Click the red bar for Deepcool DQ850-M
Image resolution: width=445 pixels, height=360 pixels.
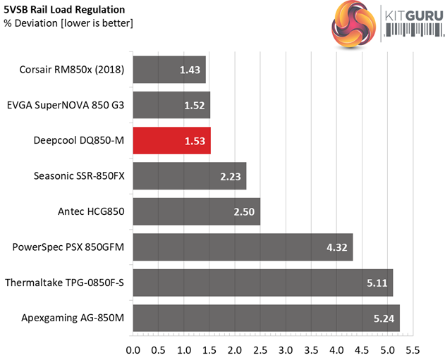pos(171,140)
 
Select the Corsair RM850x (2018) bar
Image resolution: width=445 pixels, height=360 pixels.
pos(169,70)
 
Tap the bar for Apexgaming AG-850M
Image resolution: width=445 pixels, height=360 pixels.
pos(266,318)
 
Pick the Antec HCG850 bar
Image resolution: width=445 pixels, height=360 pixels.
pos(196,211)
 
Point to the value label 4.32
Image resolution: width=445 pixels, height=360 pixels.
pos(334,247)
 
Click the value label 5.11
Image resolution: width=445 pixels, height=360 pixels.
pos(374,283)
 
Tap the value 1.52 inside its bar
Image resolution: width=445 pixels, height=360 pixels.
pos(191,105)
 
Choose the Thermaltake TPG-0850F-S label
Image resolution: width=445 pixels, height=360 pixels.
pos(64,283)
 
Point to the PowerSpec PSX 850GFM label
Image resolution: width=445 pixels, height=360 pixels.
pos(68,247)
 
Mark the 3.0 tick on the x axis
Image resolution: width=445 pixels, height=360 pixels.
pos(286,349)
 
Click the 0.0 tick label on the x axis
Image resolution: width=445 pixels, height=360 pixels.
pos(133,349)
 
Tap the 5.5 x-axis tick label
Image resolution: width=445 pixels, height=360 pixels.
pos(413,349)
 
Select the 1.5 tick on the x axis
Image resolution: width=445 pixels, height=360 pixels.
pos(209,349)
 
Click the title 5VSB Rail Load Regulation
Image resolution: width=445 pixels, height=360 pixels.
pos(64,10)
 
